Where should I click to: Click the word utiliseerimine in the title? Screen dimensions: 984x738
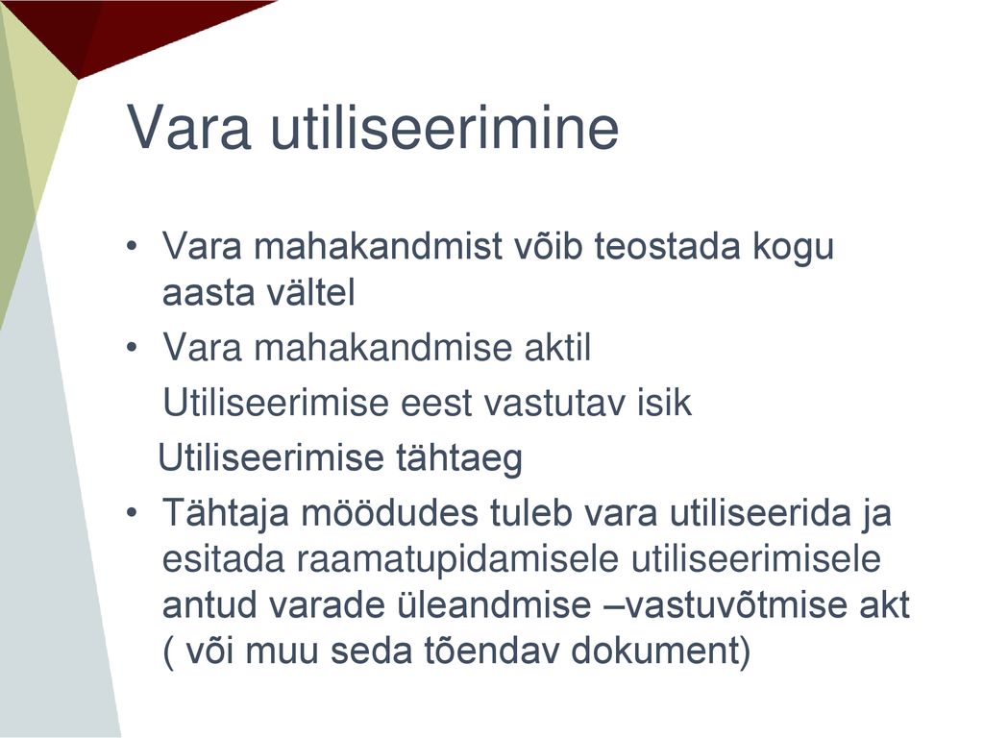(x=445, y=128)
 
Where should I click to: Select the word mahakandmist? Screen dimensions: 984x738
(x=378, y=245)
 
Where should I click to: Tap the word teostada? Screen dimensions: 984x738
(x=668, y=245)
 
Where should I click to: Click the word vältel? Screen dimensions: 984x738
(x=303, y=292)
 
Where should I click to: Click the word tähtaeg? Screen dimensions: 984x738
(x=458, y=458)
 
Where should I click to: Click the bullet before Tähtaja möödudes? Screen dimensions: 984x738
(x=131, y=513)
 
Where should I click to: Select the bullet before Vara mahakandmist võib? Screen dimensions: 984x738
(x=131, y=246)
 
